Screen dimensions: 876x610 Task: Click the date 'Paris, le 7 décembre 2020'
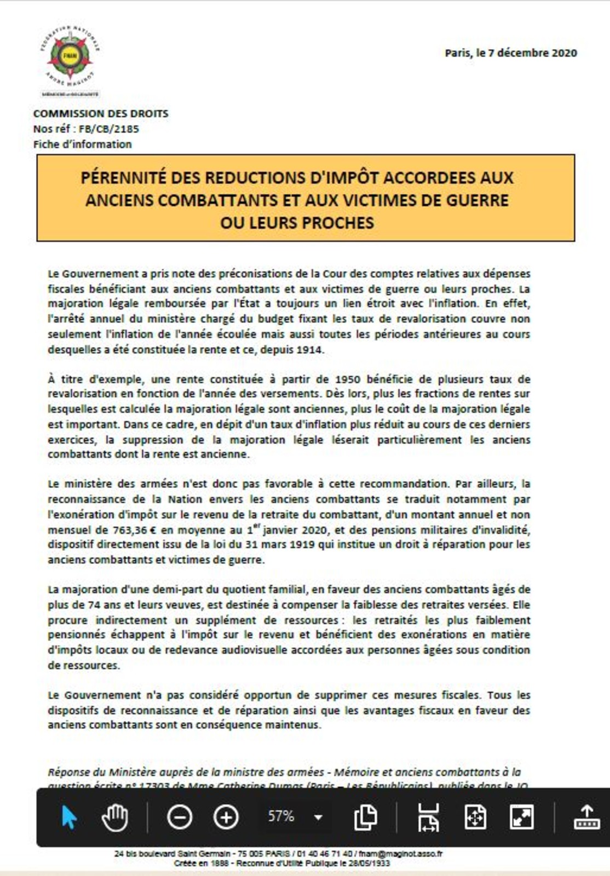tap(510, 53)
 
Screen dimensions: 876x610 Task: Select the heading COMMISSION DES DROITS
tap(101, 114)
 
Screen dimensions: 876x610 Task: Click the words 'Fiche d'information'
tap(83, 145)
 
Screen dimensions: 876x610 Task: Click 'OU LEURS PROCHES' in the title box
tap(297, 223)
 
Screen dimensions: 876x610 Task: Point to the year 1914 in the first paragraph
tap(309, 349)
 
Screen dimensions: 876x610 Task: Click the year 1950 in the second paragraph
tap(347, 379)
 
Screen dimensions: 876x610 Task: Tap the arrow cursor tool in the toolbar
tap(69, 817)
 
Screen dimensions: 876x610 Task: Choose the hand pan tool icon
tap(115, 817)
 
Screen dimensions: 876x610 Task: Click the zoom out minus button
tap(179, 817)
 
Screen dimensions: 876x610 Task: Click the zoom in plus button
tap(226, 817)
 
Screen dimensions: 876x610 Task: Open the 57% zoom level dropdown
tap(318, 817)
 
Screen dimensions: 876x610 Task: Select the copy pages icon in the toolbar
tap(365, 817)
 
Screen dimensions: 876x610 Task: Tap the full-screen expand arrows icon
tap(522, 817)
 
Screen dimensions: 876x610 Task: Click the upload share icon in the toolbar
tap(586, 817)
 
